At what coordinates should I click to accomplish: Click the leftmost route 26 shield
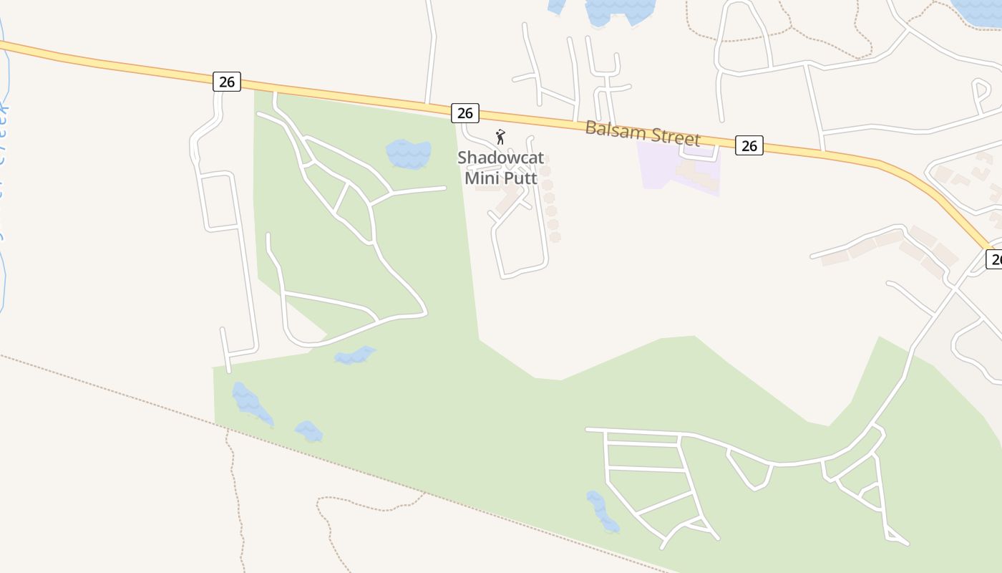(x=227, y=82)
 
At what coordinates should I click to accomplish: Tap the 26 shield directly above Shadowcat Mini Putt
(x=465, y=113)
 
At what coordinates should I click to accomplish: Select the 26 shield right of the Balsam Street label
(x=749, y=145)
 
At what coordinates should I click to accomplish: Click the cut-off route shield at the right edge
(x=994, y=259)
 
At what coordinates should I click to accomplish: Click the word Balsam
(x=610, y=130)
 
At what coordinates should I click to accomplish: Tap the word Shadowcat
(x=500, y=157)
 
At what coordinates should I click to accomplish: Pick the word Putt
(x=521, y=177)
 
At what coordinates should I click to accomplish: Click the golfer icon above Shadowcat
(x=501, y=137)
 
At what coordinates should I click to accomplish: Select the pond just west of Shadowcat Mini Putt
(x=409, y=154)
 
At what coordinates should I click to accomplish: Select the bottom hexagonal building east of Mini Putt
(x=554, y=236)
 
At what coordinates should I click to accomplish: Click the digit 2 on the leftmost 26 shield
(x=222, y=82)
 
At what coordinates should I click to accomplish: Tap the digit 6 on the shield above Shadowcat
(x=470, y=113)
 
